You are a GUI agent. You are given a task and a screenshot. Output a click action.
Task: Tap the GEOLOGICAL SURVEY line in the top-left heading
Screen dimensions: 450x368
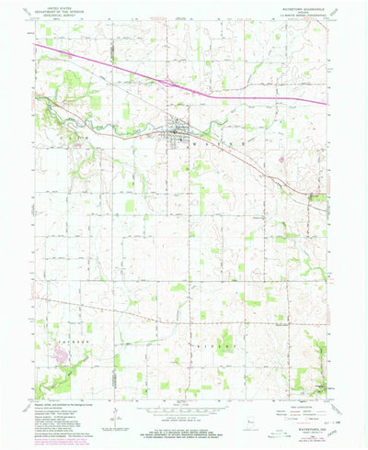click(56, 16)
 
